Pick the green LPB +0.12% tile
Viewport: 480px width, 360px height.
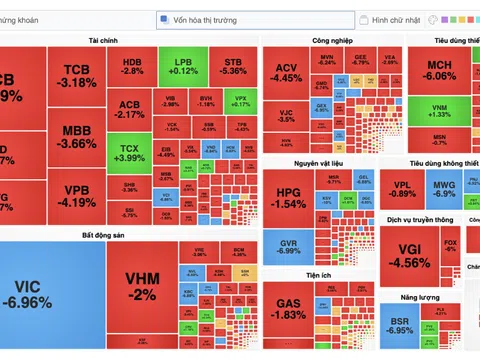coord(183,66)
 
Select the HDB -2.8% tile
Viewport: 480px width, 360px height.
coord(133,66)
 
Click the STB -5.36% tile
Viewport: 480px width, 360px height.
coord(233,66)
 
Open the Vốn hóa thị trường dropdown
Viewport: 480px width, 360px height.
coord(254,19)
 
